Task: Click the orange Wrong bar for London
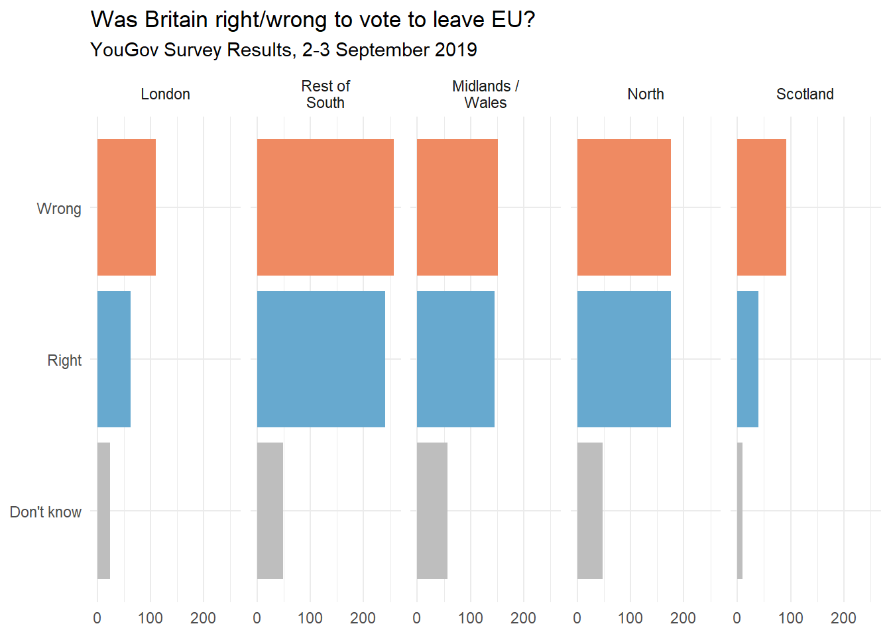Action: click(127, 207)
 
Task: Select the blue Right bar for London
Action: click(114, 359)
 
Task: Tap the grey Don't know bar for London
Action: click(103, 511)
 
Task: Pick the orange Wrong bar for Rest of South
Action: click(326, 207)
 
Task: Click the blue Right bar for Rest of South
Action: click(321, 359)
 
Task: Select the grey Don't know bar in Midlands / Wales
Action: click(432, 511)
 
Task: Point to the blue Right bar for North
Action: click(624, 359)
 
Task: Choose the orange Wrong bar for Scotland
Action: click(762, 207)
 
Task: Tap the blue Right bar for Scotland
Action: click(748, 359)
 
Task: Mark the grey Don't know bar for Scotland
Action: click(740, 511)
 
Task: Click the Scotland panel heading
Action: click(805, 94)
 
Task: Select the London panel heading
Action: click(165, 94)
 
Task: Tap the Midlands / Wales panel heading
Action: click(485, 94)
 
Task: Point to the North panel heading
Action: click(646, 94)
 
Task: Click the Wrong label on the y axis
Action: click(59, 209)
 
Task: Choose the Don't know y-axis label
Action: click(46, 512)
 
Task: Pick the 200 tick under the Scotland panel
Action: click(843, 618)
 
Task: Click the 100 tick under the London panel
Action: click(150, 618)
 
